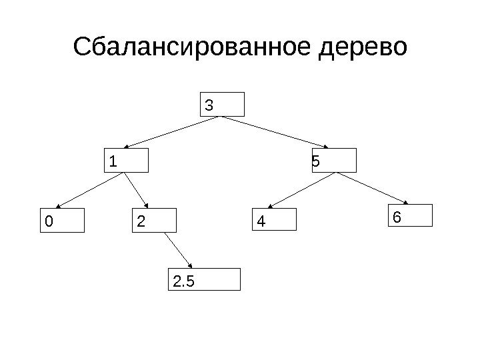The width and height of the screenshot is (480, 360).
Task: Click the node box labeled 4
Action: [x=274, y=219]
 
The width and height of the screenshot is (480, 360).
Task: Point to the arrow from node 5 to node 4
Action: [x=302, y=190]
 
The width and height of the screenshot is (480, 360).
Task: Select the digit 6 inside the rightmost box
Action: [x=397, y=217]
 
